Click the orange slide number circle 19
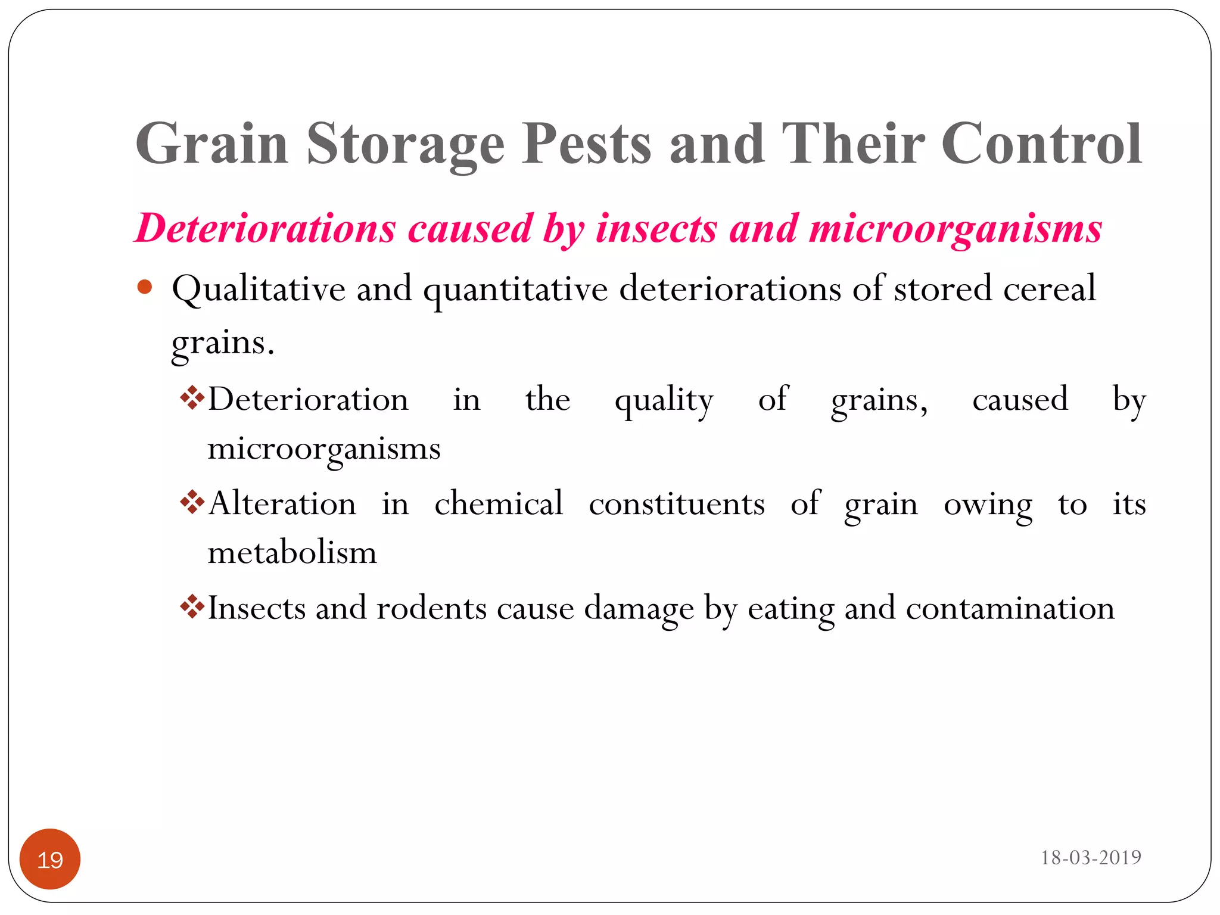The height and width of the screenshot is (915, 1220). pyautogui.click(x=50, y=859)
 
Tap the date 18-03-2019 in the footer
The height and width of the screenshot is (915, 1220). pyautogui.click(x=1090, y=858)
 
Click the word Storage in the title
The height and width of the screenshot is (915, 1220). pyautogui.click(x=405, y=145)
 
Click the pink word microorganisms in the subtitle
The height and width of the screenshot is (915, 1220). pyautogui.click(x=955, y=229)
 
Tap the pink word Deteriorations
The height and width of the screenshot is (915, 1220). pyautogui.click(x=266, y=228)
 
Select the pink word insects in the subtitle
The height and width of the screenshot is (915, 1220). pyautogui.click(x=656, y=228)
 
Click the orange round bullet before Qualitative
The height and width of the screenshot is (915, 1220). pyautogui.click(x=145, y=288)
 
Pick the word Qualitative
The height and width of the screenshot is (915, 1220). pyautogui.click(x=259, y=290)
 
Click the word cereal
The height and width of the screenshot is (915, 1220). pyautogui.click(x=1049, y=288)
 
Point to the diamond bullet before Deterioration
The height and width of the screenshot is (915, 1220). pyautogui.click(x=192, y=398)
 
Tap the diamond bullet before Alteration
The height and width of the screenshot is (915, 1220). pyautogui.click(x=192, y=502)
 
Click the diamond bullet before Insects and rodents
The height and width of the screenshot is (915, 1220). pyautogui.click(x=192, y=607)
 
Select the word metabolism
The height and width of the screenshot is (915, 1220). pyautogui.click(x=292, y=553)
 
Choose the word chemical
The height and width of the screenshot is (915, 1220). pyautogui.click(x=499, y=504)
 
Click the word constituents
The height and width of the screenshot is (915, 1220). pyautogui.click(x=677, y=504)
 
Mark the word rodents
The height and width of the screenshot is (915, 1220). pyautogui.click(x=432, y=608)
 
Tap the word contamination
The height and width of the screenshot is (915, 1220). pyautogui.click(x=1010, y=608)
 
